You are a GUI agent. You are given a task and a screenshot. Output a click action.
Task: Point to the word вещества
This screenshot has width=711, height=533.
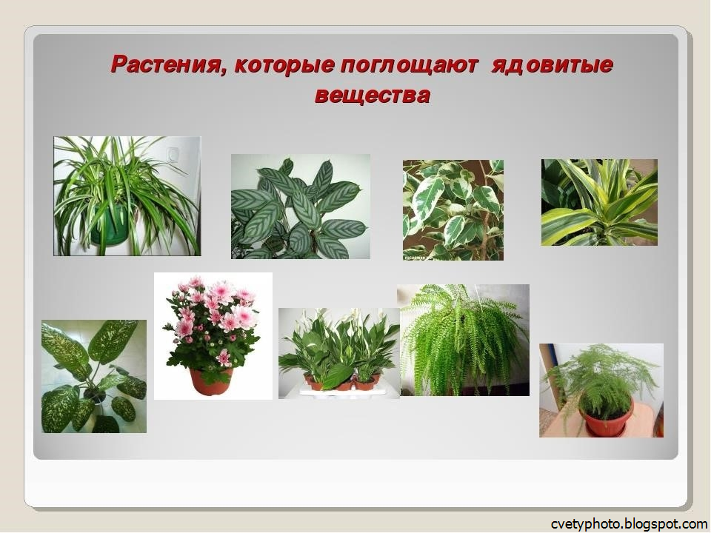pyautogui.click(x=372, y=96)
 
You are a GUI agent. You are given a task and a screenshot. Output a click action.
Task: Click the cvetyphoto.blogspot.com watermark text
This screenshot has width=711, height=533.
pyautogui.click(x=629, y=523)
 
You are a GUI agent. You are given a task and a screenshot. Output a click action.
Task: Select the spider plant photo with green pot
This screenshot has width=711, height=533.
pyautogui.click(x=127, y=196)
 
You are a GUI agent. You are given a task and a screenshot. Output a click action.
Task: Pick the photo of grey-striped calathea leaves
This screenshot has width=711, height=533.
pyautogui.click(x=300, y=207)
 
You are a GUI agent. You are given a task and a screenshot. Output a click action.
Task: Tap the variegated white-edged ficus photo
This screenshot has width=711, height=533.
pyautogui.click(x=453, y=209)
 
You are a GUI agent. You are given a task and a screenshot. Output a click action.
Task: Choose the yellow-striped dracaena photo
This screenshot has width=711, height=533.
pyautogui.click(x=599, y=202)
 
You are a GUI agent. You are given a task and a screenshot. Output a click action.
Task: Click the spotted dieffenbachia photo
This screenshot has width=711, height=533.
pyautogui.click(x=94, y=376)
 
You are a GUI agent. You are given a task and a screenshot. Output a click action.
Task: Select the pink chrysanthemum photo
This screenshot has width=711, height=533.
pyautogui.click(x=213, y=335)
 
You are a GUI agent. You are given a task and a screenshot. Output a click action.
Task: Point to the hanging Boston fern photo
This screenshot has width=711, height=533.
pyautogui.click(x=463, y=340)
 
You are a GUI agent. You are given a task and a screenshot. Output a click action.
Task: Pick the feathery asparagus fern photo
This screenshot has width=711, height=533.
pyautogui.click(x=601, y=390)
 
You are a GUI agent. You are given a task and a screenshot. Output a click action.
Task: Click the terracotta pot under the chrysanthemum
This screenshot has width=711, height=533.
pyautogui.click(x=211, y=381)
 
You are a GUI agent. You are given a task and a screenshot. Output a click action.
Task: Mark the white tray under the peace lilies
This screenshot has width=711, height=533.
pyautogui.click(x=341, y=392)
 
